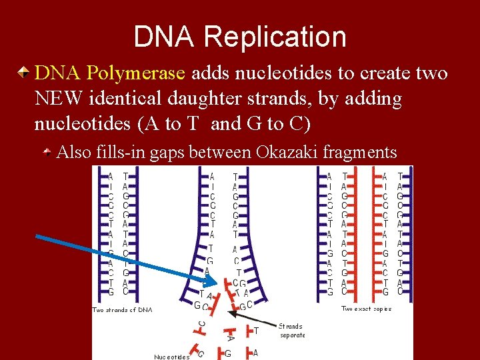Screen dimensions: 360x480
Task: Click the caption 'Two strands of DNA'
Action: click(x=122, y=309)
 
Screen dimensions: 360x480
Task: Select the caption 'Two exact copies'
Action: click(x=366, y=309)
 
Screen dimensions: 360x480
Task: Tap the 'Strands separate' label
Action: click(x=291, y=331)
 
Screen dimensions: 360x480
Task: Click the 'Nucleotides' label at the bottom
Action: click(x=172, y=357)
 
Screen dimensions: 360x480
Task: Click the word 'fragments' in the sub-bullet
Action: click(x=360, y=153)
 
